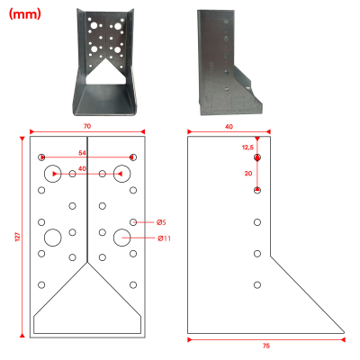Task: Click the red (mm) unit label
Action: coord(24,13)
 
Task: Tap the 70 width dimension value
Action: coord(87,126)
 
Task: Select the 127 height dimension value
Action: coord(18,237)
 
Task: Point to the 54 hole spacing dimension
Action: coord(82,153)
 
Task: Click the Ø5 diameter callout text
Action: coord(161,222)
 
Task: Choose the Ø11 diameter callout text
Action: coord(164,238)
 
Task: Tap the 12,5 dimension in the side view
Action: coord(247,148)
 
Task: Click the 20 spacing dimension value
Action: coord(248,174)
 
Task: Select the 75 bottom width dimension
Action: coord(266,346)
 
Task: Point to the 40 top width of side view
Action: coord(229,127)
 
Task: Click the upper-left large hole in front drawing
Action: coord(53,174)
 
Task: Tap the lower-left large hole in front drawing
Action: coord(53,238)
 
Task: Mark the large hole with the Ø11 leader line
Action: coord(122,238)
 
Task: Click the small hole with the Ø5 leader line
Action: coord(133,222)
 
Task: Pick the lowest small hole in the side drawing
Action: coord(257,285)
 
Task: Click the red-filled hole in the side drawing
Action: coord(257,157)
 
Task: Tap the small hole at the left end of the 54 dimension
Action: coord(41,157)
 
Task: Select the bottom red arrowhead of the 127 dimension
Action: coord(22,336)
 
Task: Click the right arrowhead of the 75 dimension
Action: coord(343,339)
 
